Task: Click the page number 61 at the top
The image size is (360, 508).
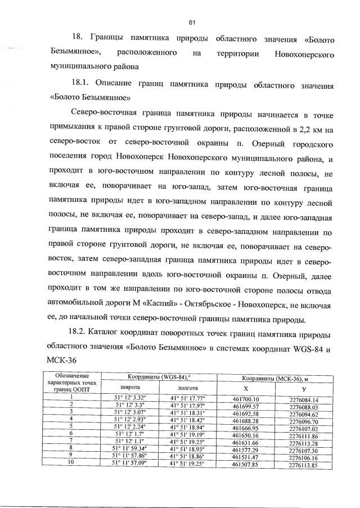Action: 191,22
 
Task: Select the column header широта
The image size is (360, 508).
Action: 130,388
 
